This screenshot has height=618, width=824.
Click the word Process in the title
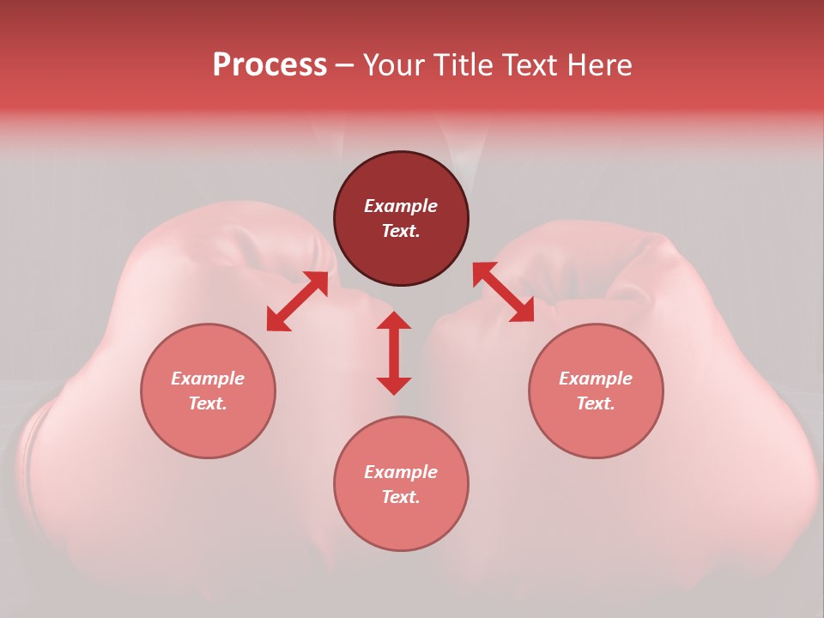(270, 65)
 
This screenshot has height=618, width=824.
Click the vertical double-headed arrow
(394, 353)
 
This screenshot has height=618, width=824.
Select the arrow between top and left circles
(297, 300)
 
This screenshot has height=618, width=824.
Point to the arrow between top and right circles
(503, 292)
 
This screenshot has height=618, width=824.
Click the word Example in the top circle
(401, 206)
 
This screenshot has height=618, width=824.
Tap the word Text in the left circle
(208, 403)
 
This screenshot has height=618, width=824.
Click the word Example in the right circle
(596, 379)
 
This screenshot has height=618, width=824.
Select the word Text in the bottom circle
(401, 497)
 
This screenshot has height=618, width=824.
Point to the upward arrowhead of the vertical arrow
(394, 320)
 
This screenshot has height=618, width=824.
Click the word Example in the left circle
(208, 379)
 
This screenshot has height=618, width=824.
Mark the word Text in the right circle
(596, 403)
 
